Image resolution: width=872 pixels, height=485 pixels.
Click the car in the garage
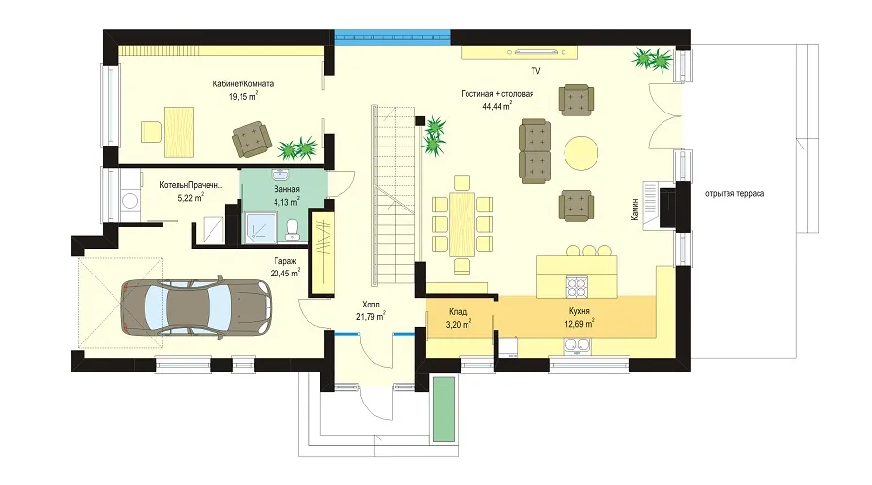tap(196, 307)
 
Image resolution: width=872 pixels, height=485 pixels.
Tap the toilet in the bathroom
tap(291, 229)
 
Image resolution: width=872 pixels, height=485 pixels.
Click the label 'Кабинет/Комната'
tap(243, 84)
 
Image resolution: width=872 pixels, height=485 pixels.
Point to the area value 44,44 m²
tap(498, 106)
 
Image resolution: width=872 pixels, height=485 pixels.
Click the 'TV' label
tap(535, 71)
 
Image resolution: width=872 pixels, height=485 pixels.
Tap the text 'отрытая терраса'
tap(734, 194)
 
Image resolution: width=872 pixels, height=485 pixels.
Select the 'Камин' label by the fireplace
tap(634, 210)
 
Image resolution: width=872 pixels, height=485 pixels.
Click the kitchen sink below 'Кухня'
tap(577, 347)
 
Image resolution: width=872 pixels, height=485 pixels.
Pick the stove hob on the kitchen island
tap(577, 286)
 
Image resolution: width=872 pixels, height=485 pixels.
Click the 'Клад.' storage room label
tap(459, 312)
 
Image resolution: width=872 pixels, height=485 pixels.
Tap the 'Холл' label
tap(371, 305)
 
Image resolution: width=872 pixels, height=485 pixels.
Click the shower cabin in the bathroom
tap(259, 229)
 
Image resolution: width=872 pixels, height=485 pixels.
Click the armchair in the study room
tap(252, 139)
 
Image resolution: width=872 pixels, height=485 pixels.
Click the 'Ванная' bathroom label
tap(286, 190)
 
